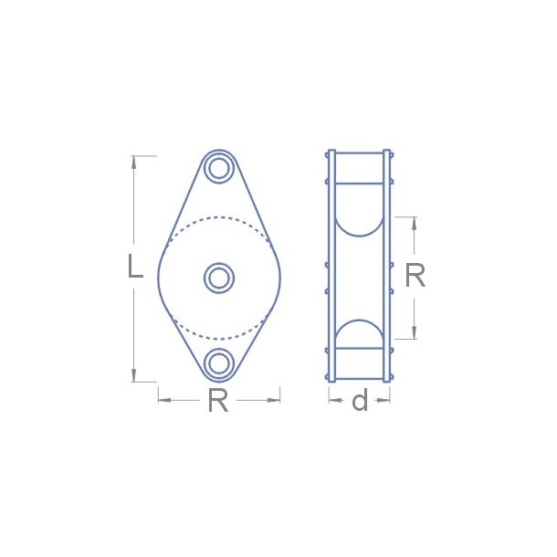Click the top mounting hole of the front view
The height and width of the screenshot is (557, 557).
[219, 168]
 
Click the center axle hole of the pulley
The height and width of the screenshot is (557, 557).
[219, 278]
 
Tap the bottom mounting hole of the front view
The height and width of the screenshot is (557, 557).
[219, 363]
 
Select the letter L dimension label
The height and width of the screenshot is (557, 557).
[134, 268]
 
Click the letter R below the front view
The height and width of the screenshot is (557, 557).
[217, 400]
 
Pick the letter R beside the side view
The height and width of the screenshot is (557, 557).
[415, 276]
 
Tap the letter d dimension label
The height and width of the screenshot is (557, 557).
[360, 400]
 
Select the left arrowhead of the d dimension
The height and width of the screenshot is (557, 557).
[332, 398]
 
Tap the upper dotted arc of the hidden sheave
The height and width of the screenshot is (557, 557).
[219, 217]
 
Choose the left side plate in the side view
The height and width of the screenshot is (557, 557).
[331, 265]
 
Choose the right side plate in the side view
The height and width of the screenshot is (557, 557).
[387, 265]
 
